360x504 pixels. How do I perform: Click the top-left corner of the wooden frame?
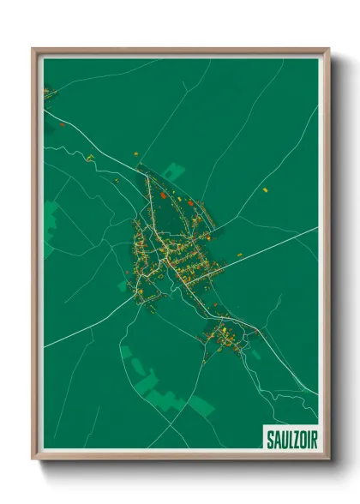coord(33,50)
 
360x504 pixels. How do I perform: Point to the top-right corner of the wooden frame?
coord(328,50)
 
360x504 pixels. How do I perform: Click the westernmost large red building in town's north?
coord(162,195)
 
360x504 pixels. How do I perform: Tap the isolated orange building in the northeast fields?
coord(265,189)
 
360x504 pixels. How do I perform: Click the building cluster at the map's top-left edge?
coord(50,91)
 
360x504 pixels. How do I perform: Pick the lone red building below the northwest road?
coord(90,158)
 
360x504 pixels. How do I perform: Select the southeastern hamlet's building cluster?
coord(223,334)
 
